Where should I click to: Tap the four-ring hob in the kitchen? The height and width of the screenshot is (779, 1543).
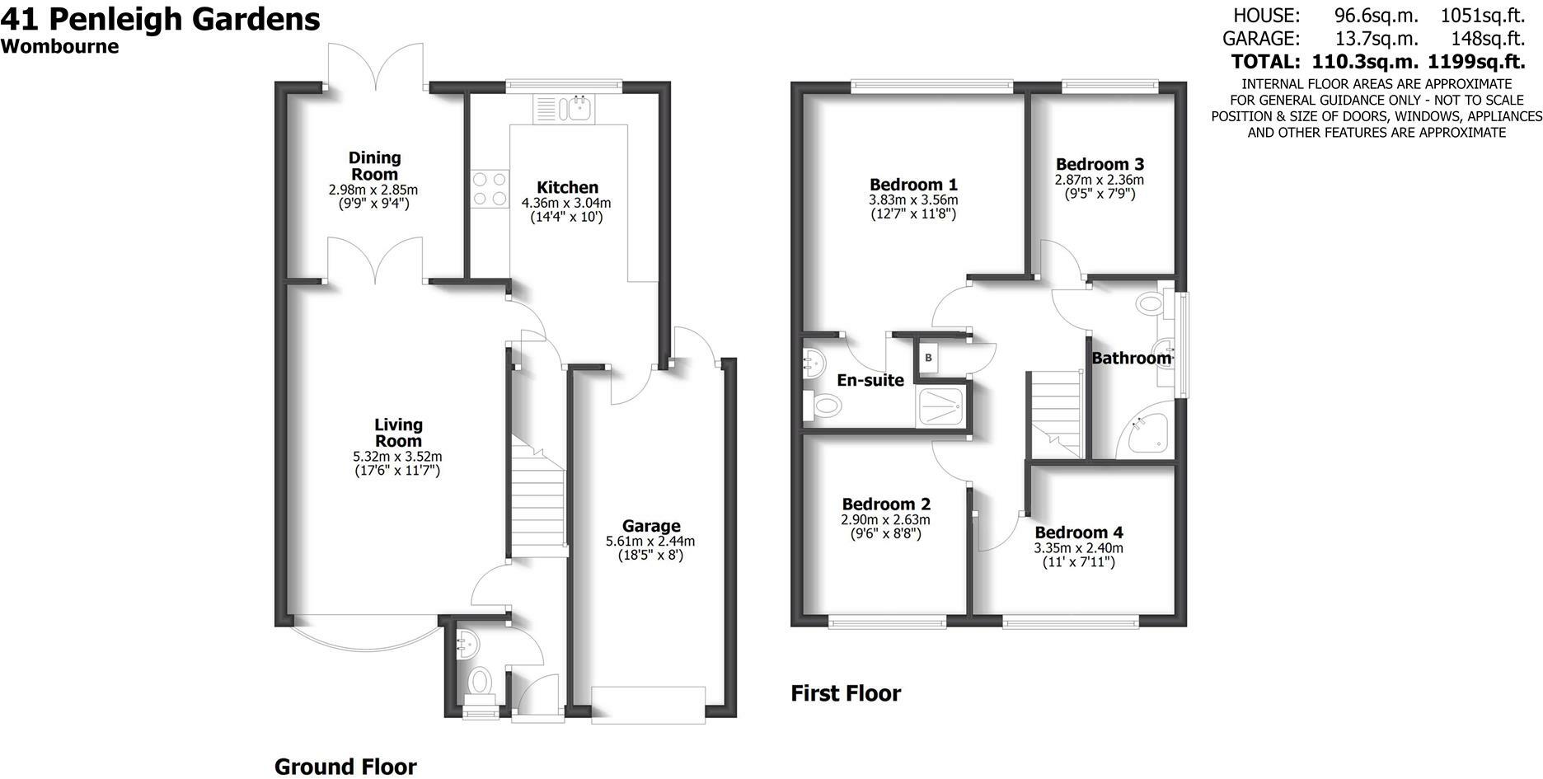[x=490, y=189]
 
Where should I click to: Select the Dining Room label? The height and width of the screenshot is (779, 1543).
[x=374, y=166]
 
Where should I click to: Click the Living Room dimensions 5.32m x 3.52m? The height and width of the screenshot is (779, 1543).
[x=398, y=457]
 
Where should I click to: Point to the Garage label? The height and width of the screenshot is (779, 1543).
[x=651, y=526]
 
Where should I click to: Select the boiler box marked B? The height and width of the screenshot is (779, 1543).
[x=929, y=357]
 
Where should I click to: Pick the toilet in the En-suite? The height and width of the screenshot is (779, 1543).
[x=822, y=406]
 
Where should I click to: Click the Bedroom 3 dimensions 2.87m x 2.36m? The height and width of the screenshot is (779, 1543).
[x=1100, y=180]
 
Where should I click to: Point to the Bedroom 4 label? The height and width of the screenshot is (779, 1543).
[x=1079, y=533]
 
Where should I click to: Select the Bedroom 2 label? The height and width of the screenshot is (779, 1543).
[x=886, y=504]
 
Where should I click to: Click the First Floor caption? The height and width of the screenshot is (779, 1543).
[x=846, y=693]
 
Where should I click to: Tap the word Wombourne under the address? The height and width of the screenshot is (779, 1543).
[x=59, y=46]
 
